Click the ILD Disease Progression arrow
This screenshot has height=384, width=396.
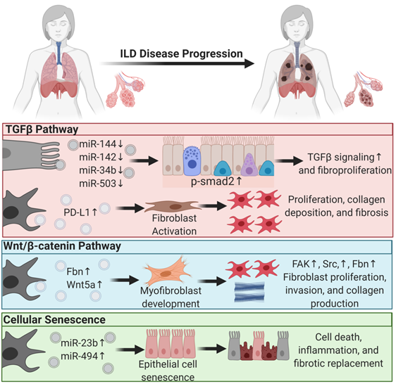pyautogui.click(x=177, y=63)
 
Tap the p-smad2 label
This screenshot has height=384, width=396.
pyautogui.click(x=212, y=181)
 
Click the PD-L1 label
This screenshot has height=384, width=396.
pyautogui.click(x=77, y=212)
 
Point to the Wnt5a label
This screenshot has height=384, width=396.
pyautogui.click(x=81, y=285)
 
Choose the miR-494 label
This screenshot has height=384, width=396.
pyautogui.click(x=80, y=356)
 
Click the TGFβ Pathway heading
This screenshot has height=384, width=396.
pyautogui.click(x=42, y=129)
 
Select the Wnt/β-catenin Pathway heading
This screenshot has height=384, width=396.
pyautogui.click(x=62, y=246)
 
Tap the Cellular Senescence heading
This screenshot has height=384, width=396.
pyautogui.click(x=54, y=320)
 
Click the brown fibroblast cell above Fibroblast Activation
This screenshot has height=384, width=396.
pyautogui.click(x=171, y=207)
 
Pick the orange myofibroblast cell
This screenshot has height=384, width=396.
pyautogui.click(x=168, y=272)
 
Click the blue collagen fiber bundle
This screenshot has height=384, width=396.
pyautogui.click(x=249, y=292)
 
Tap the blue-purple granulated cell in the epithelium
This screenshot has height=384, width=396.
pyautogui.click(x=192, y=161)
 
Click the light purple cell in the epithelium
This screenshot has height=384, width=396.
pyautogui.click(x=249, y=165)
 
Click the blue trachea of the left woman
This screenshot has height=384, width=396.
pyautogui.click(x=59, y=53)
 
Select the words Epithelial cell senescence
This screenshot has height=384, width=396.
pyautogui.click(x=168, y=371)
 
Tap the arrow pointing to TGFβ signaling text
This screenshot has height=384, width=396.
pyautogui.click(x=289, y=160)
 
